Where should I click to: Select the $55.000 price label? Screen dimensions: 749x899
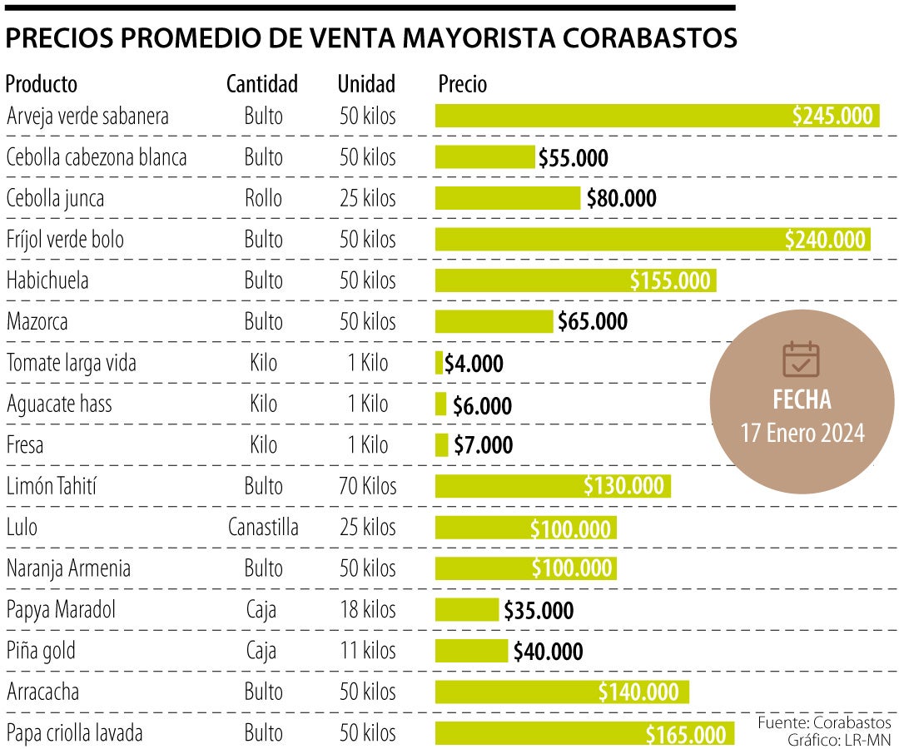pyautogui.click(x=574, y=158)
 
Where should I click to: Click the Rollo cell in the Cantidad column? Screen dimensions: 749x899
pyautogui.click(x=263, y=199)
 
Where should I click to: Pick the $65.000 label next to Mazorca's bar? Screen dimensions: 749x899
pyautogui.click(x=593, y=321)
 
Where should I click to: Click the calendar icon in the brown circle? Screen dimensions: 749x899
pyautogui.click(x=801, y=360)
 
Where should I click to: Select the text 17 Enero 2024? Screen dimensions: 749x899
pyautogui.click(x=802, y=434)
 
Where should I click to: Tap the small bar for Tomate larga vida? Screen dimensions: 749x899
pyautogui.click(x=440, y=363)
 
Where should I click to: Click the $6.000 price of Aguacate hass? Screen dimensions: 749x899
pyautogui.click(x=482, y=405)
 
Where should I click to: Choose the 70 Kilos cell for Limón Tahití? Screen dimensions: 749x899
pyautogui.click(x=367, y=486)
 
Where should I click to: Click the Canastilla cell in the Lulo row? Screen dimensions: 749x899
pyautogui.click(x=263, y=527)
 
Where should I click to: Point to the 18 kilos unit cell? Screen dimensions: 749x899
pyautogui.click(x=367, y=609)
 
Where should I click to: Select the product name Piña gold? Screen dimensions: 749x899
pyautogui.click(x=41, y=650)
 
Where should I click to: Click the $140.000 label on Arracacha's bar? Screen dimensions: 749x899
pyautogui.click(x=638, y=692)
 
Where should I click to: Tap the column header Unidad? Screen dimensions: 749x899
pyautogui.click(x=366, y=84)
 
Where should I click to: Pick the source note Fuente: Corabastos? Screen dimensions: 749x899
pyautogui.click(x=824, y=722)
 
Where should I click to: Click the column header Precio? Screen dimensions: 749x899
pyautogui.click(x=462, y=84)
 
